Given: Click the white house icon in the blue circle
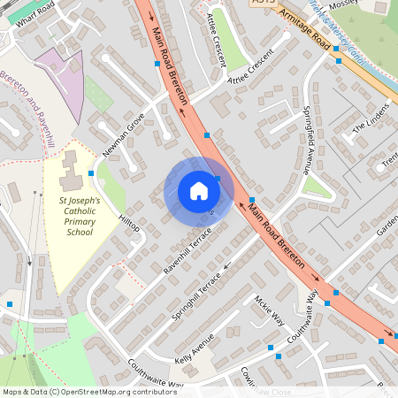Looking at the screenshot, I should (198, 191).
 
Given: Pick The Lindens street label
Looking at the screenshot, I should (371, 127).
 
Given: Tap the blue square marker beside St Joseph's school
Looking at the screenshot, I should (91, 173).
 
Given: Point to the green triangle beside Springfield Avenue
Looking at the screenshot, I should (315, 187).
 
